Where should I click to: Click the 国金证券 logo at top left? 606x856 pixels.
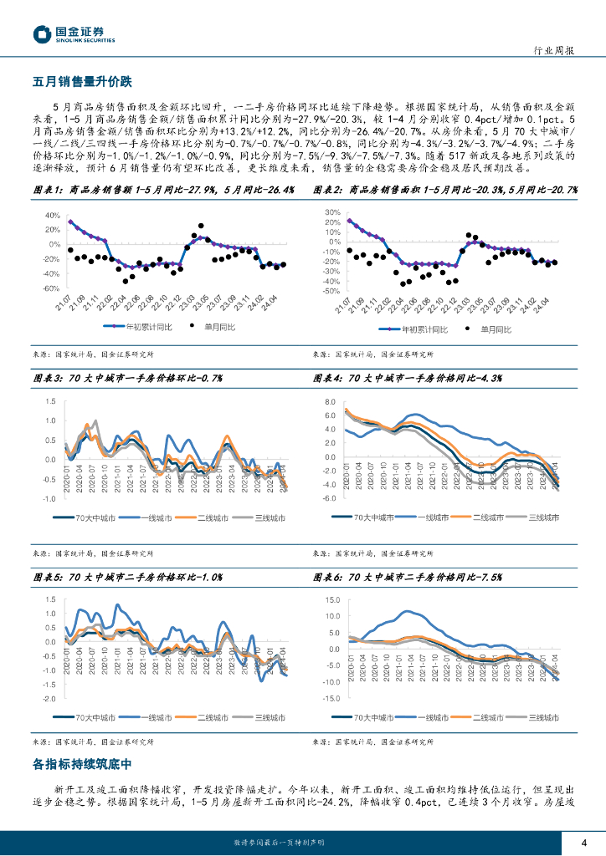tap(74, 34)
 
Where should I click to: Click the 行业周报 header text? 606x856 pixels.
tap(553, 51)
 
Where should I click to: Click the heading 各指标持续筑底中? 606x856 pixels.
tap(82, 764)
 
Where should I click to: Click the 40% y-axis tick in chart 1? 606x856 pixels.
tap(51, 216)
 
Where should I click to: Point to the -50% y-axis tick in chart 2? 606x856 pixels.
tap(330, 292)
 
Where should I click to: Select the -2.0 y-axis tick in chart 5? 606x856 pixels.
tap(49, 698)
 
